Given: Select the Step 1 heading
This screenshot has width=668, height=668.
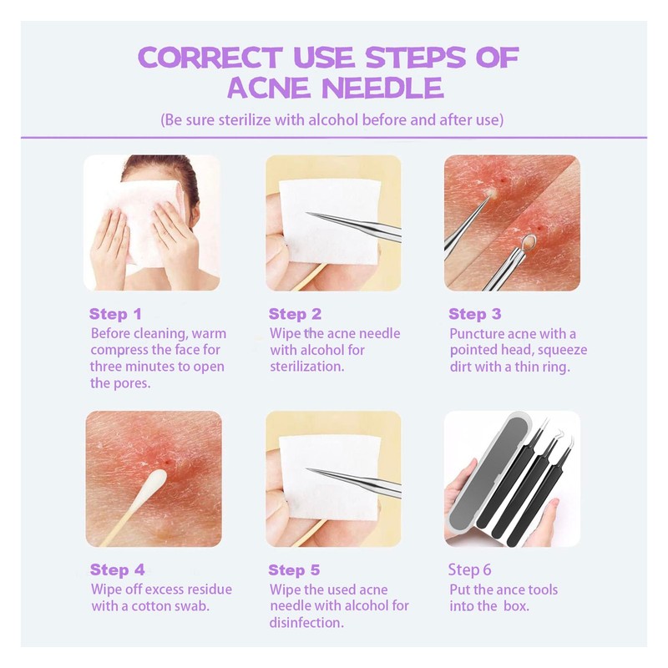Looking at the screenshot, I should click(x=115, y=315).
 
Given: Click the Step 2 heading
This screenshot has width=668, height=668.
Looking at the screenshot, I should click(x=295, y=315).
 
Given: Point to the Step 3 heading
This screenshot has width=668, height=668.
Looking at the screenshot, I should click(x=474, y=315).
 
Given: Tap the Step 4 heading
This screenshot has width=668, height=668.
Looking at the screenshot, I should click(x=117, y=570).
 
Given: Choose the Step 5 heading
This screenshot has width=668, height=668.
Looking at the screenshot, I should click(x=294, y=570).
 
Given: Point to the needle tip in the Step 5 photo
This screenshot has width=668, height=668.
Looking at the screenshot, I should click(x=310, y=469).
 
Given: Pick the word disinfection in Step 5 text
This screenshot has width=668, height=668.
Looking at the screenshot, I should click(x=306, y=623).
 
